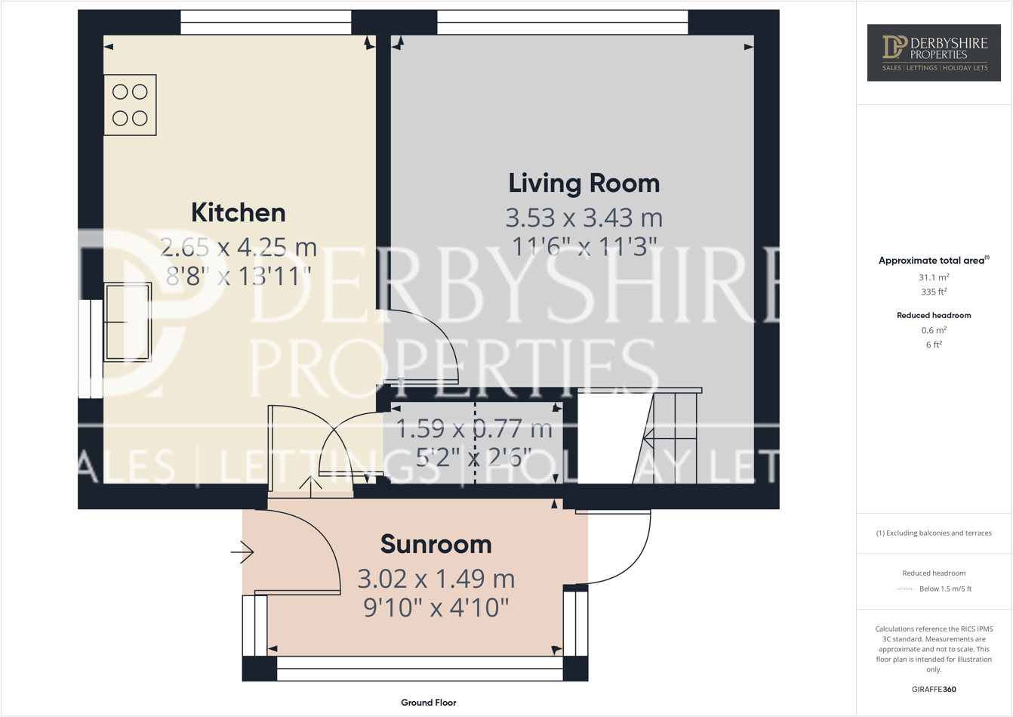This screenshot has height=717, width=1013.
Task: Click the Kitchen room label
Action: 238,212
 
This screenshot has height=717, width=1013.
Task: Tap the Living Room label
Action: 583,183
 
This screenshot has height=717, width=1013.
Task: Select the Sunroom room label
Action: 436,544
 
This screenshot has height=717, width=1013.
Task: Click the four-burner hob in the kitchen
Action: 130,105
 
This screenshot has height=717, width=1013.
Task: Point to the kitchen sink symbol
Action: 128,322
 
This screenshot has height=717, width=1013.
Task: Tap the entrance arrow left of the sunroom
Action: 242,552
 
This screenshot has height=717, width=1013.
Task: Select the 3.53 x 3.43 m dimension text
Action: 583,218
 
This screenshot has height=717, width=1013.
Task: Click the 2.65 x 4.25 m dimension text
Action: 238,247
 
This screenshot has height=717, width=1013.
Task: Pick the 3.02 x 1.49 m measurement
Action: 436,579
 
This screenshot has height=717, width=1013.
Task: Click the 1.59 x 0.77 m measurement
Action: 474,430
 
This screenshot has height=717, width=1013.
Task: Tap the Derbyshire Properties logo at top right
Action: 934,52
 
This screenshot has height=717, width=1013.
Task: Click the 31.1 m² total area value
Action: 934,277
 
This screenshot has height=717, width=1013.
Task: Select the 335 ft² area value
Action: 934,292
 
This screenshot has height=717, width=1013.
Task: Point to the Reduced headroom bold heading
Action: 934,315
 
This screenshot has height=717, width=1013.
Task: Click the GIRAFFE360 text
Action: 934,689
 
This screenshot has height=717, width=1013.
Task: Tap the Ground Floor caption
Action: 428,703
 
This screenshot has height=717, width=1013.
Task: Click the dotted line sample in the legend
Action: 904,589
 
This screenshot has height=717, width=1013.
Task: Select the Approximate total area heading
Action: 933,261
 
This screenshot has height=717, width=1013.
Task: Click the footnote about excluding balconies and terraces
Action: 934,533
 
